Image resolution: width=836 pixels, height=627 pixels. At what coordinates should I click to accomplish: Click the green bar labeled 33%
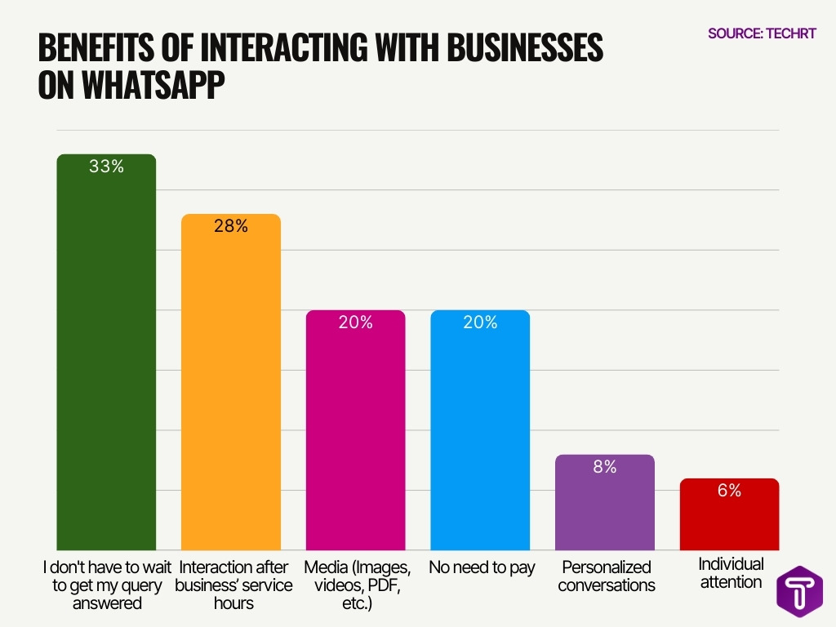[x=106, y=359]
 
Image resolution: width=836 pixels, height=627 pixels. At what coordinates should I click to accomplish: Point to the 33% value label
[x=106, y=167]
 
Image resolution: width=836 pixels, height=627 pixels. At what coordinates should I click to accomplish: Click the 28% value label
[x=231, y=226]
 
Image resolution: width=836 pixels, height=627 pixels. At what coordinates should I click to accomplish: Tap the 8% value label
[x=605, y=467]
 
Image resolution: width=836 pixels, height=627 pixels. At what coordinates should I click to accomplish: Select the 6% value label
[x=729, y=491]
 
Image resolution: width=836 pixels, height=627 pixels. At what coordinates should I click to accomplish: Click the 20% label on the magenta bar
[x=355, y=322]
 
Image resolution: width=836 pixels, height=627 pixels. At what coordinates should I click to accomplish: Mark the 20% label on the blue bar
[x=480, y=322]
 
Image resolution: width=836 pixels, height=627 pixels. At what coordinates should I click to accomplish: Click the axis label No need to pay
[x=482, y=567]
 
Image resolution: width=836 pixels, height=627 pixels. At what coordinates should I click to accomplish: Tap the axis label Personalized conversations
[x=606, y=576]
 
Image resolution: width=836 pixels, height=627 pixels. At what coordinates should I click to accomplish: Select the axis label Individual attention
[x=731, y=573]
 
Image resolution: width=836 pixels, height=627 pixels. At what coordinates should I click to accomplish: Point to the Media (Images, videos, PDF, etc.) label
[x=356, y=585]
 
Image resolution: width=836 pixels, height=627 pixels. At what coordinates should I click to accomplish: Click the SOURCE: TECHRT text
[x=762, y=33]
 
